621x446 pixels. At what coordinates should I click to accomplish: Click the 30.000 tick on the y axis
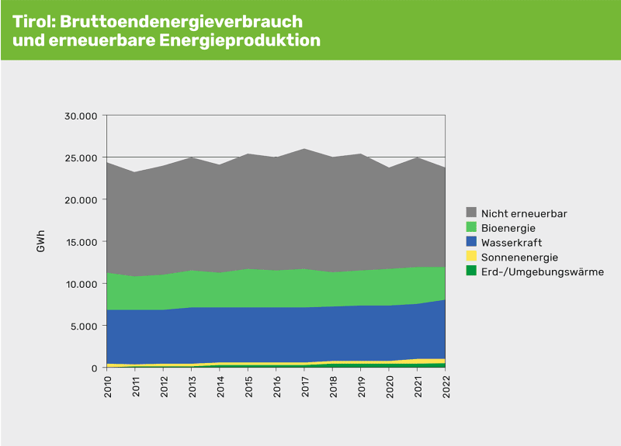click(x=80, y=116)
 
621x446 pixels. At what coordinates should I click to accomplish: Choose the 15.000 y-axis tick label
click(x=80, y=242)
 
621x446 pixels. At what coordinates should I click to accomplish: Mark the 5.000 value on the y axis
click(x=83, y=326)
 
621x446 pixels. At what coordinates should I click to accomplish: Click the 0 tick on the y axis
click(x=93, y=368)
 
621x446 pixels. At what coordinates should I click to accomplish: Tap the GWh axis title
click(x=40, y=242)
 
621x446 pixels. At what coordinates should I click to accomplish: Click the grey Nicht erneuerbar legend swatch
click(x=471, y=213)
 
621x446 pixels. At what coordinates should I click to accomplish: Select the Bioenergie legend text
click(x=508, y=228)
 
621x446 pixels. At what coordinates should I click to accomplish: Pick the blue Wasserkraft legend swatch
click(x=471, y=242)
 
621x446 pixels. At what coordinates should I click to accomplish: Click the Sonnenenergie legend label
click(x=519, y=257)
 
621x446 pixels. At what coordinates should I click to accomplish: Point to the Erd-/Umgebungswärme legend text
click(x=542, y=271)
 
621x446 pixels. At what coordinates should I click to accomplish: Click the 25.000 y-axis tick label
click(x=80, y=158)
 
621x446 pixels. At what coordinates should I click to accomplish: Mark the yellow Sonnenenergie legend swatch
click(x=471, y=257)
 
